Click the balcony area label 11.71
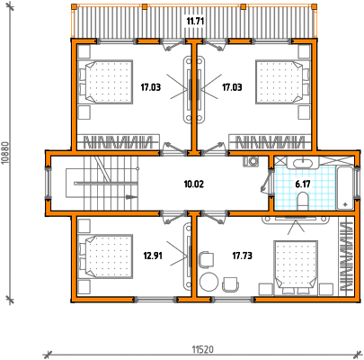[x=195, y=22]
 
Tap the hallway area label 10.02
[x=194, y=184]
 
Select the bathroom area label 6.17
[x=303, y=184]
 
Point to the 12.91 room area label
[x=153, y=256]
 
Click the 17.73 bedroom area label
[x=242, y=256]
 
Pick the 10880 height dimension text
[x=5, y=153]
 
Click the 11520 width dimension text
[x=203, y=349]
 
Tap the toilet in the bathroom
[x=303, y=201]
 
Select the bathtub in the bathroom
[x=345, y=188]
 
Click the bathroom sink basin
[x=303, y=164]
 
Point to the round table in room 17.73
[x=209, y=282]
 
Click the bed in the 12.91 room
[x=105, y=256]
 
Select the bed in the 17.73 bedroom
[x=296, y=267]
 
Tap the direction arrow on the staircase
[x=131, y=197]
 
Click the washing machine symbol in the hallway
[x=251, y=161]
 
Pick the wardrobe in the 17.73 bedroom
[x=346, y=256]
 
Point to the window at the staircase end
[x=48, y=183]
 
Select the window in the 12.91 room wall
[x=155, y=299]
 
